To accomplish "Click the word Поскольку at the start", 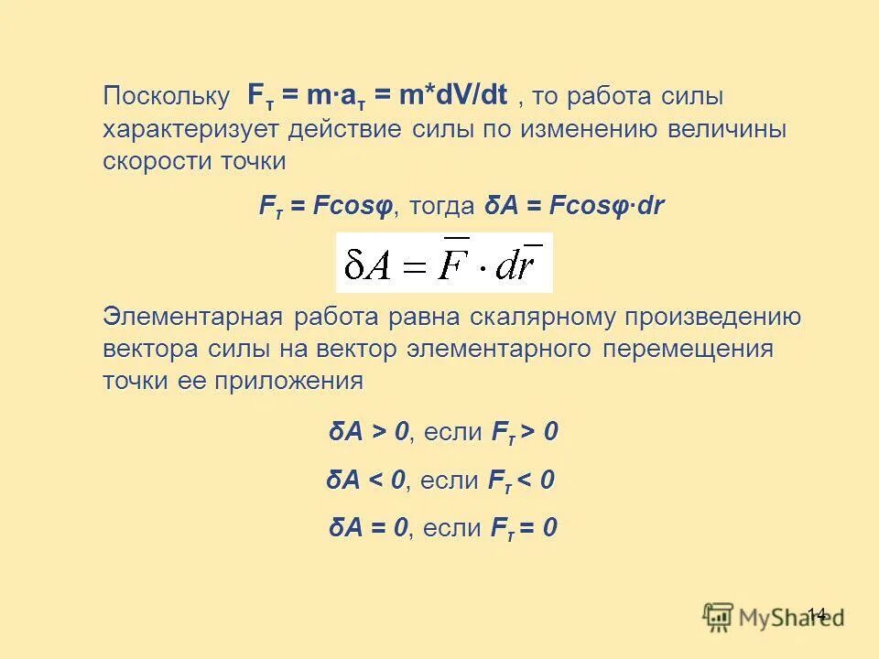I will point(166,96).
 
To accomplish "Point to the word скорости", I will point(152,162).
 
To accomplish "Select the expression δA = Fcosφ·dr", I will point(574,207).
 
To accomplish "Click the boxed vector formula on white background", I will point(444,263).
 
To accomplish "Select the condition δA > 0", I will point(369,432).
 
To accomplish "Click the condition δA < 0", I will point(366,481).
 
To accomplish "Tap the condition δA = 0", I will point(368,528).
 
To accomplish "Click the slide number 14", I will point(817,614).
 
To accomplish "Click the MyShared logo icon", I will point(719,616).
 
